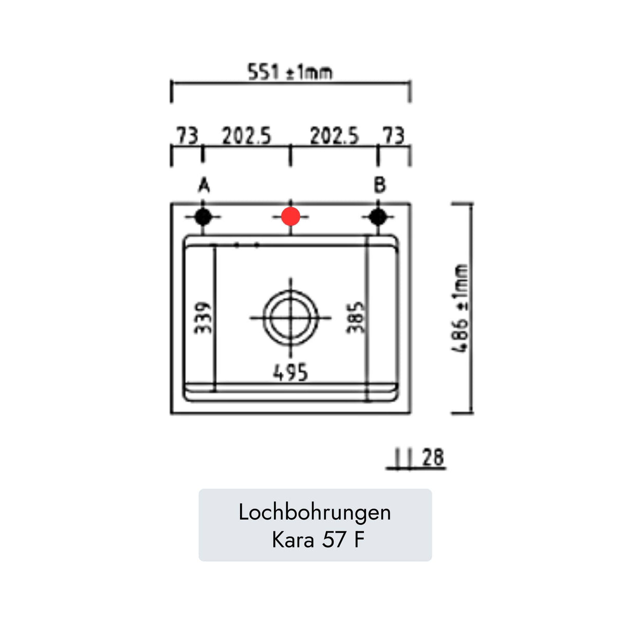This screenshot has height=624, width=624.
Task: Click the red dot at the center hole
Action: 290,216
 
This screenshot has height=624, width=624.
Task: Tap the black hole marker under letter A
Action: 203,216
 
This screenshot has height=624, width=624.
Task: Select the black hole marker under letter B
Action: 378,216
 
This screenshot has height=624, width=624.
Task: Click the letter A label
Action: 204,186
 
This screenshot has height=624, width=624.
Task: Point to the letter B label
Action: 380,185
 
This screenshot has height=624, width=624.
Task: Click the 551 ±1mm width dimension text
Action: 290,72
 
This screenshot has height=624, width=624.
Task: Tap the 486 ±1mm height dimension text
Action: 460,308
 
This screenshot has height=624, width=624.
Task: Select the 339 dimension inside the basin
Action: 203,318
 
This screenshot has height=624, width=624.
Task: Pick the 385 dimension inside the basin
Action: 356,317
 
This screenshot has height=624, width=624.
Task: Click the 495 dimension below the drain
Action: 290,372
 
